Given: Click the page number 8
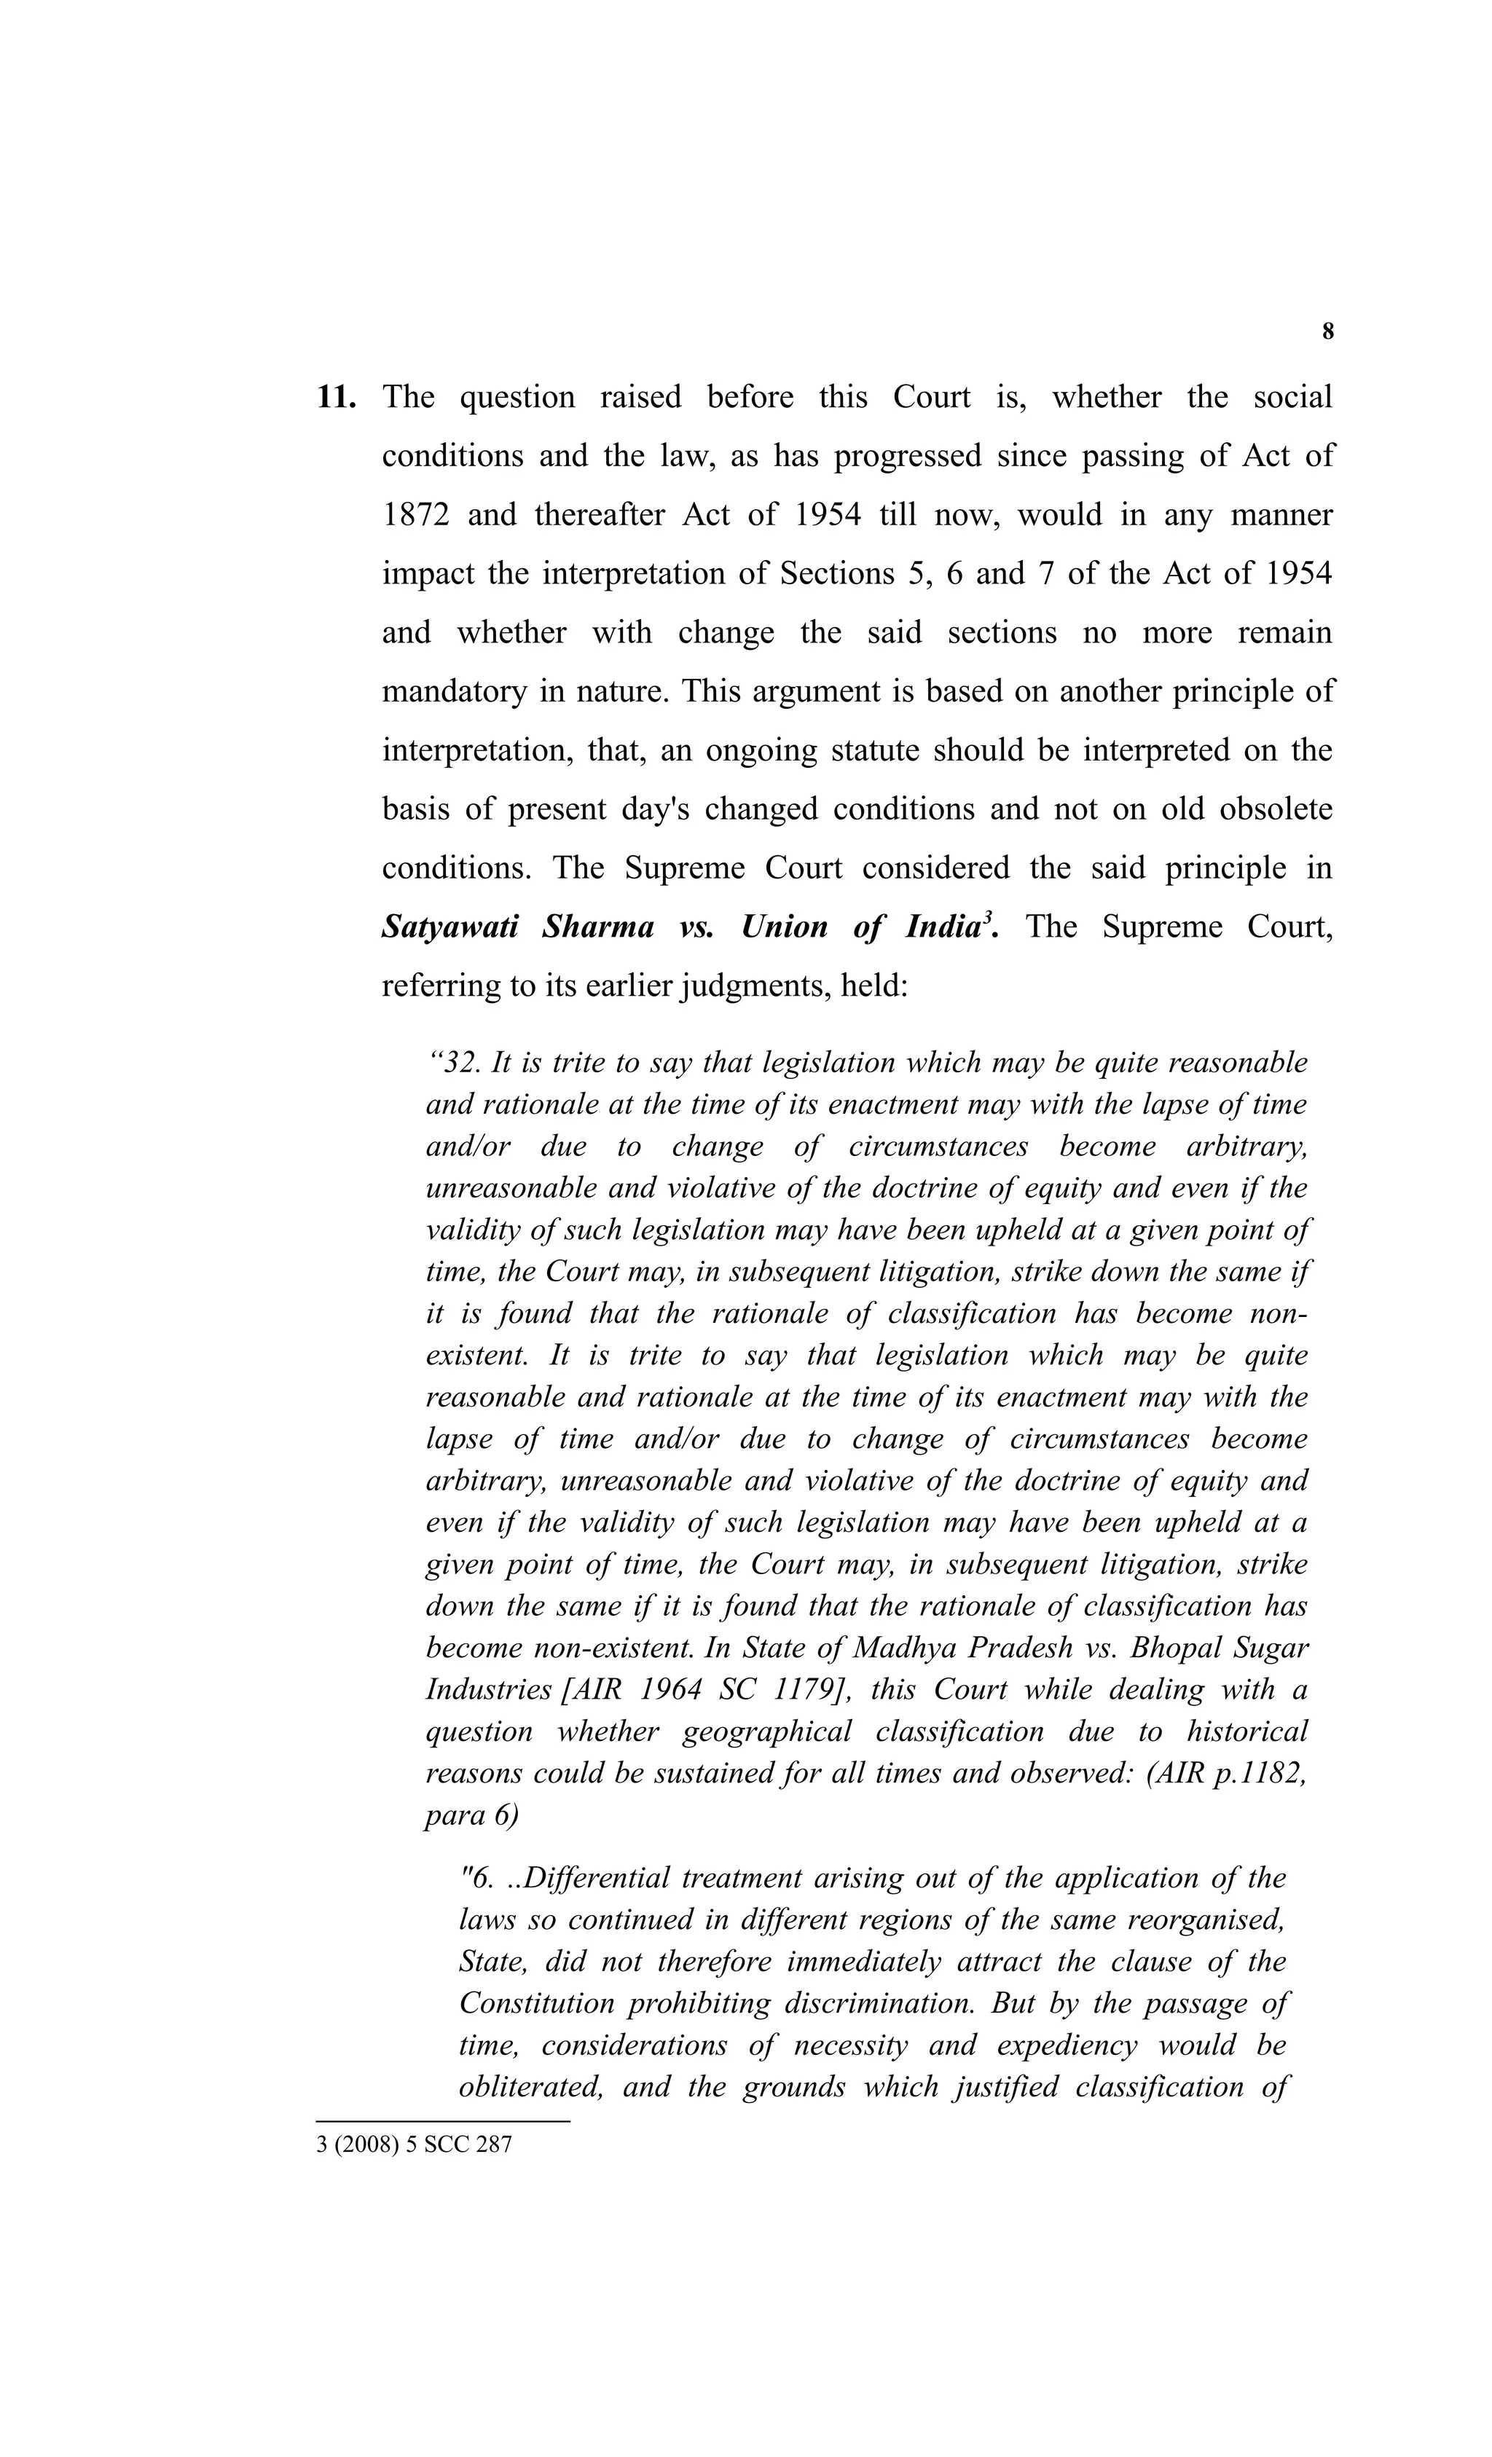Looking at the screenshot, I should [x=1327, y=332].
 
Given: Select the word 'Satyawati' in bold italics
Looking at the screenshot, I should [x=449, y=927].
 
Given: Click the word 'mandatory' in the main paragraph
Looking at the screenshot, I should [x=454, y=691].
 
